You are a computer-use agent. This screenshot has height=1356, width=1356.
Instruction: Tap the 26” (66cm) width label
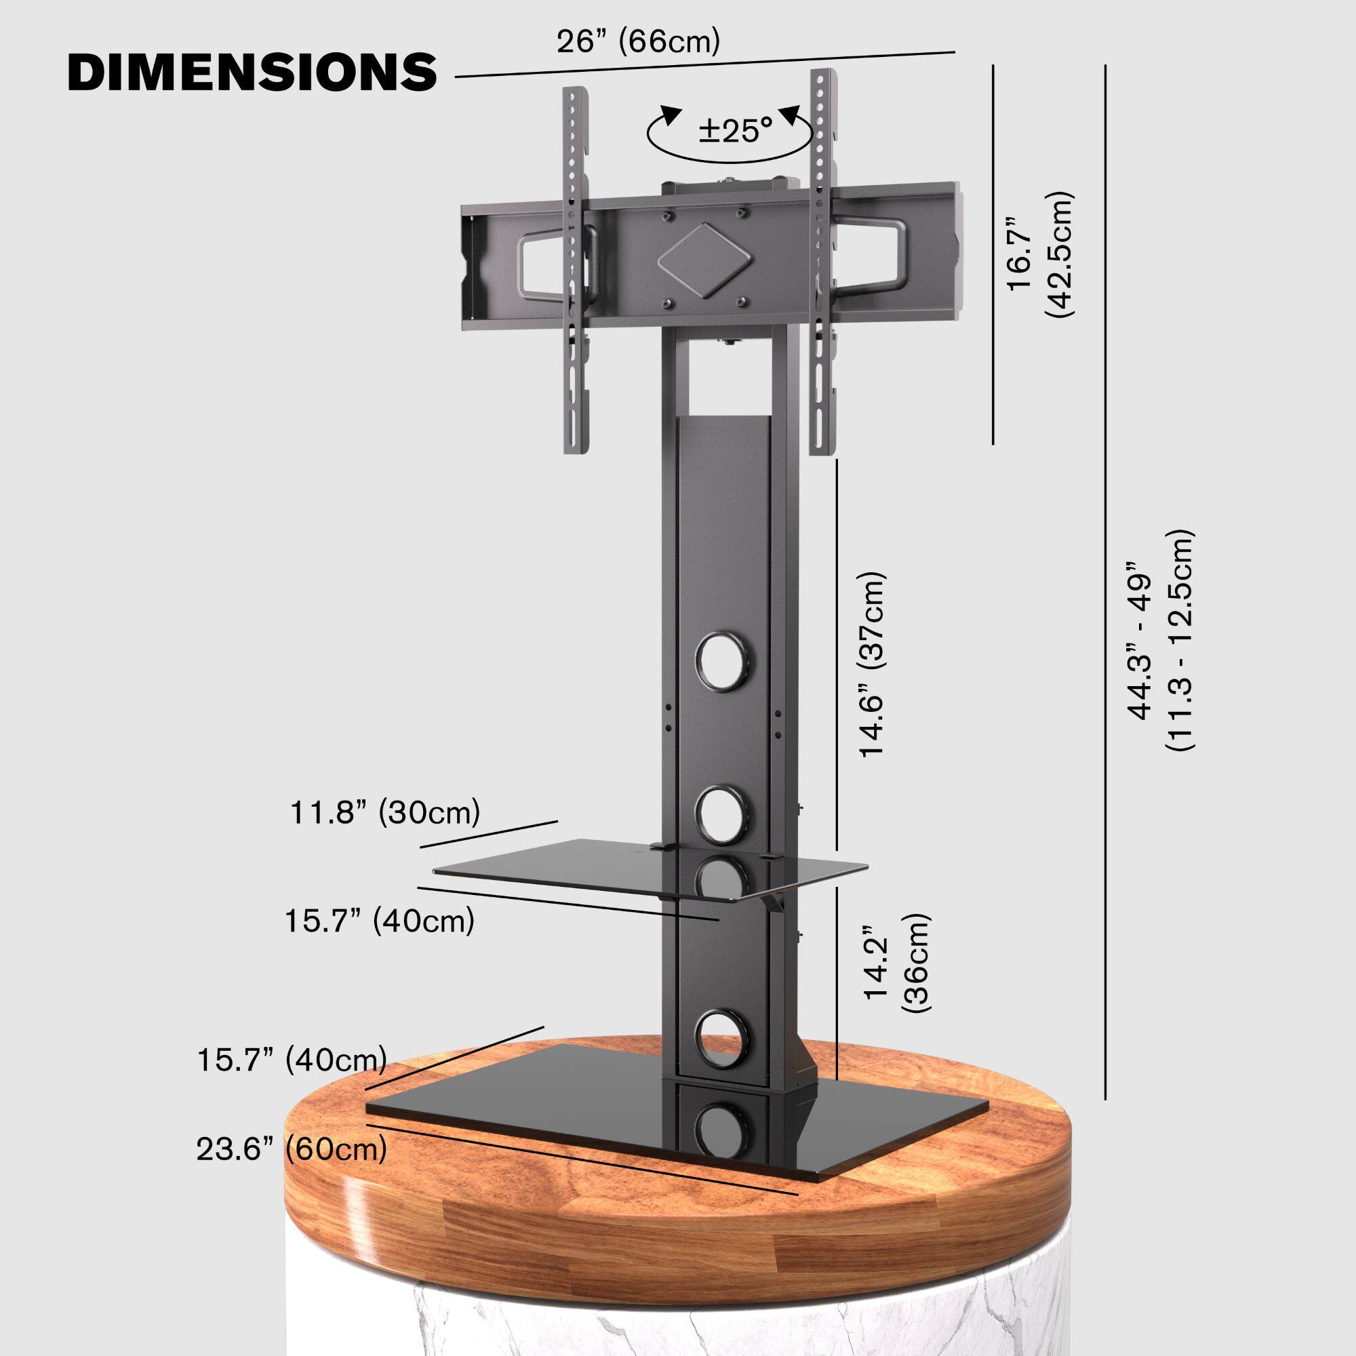coord(638,42)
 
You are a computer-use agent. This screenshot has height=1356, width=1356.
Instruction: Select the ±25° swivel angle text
coord(735,132)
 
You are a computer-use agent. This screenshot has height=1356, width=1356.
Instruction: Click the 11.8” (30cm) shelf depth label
coord(385,813)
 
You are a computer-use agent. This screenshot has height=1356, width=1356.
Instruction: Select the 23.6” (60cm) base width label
coord(292,1150)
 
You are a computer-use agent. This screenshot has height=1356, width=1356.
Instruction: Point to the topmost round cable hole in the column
coord(722,661)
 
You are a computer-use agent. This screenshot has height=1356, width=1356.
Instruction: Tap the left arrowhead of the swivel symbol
coord(673,114)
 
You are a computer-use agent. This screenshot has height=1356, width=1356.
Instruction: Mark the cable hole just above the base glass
coord(722,1037)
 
